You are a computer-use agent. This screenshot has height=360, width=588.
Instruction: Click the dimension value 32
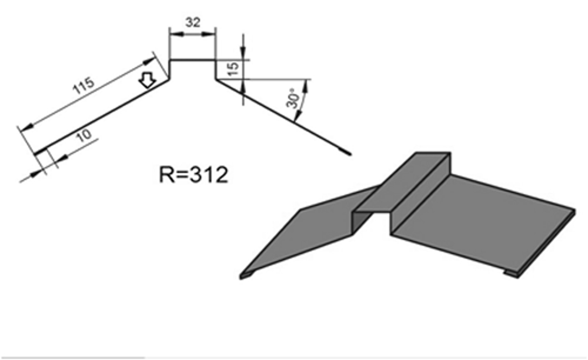(x=193, y=22)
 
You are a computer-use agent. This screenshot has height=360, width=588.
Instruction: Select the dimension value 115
(x=83, y=86)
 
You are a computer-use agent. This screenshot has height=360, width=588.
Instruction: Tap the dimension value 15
(x=233, y=69)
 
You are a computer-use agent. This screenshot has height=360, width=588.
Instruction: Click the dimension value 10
(x=83, y=135)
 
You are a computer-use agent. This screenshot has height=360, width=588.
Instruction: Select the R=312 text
(x=193, y=174)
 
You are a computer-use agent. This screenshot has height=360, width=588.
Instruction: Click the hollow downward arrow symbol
(x=147, y=80)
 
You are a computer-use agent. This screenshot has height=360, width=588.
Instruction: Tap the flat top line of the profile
(x=193, y=59)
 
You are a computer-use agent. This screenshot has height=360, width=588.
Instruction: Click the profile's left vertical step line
(x=169, y=69)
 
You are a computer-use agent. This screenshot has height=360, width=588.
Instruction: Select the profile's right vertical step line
(x=216, y=69)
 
